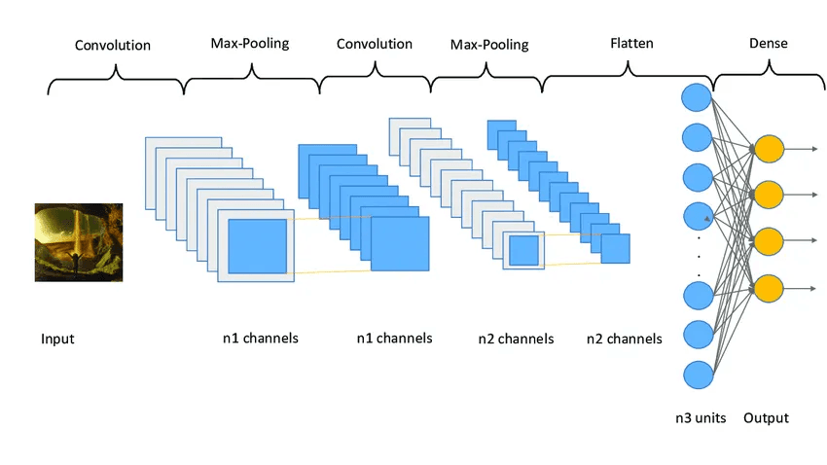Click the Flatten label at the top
tap(631, 43)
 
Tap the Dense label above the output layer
tap(768, 43)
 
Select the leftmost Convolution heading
tap(113, 45)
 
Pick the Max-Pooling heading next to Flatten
tap(489, 45)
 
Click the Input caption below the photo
tap(57, 340)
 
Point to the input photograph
tap(79, 242)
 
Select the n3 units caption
tap(701, 418)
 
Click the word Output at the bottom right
tap(766, 418)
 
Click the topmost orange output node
tap(769, 149)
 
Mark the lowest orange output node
tap(769, 288)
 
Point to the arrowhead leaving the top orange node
tap(813, 149)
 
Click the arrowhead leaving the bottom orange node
tap(813, 288)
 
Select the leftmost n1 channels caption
tap(260, 339)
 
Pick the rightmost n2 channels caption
tap(624, 339)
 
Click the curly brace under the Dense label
tap(769, 76)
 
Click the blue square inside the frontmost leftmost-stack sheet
tap(258, 246)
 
